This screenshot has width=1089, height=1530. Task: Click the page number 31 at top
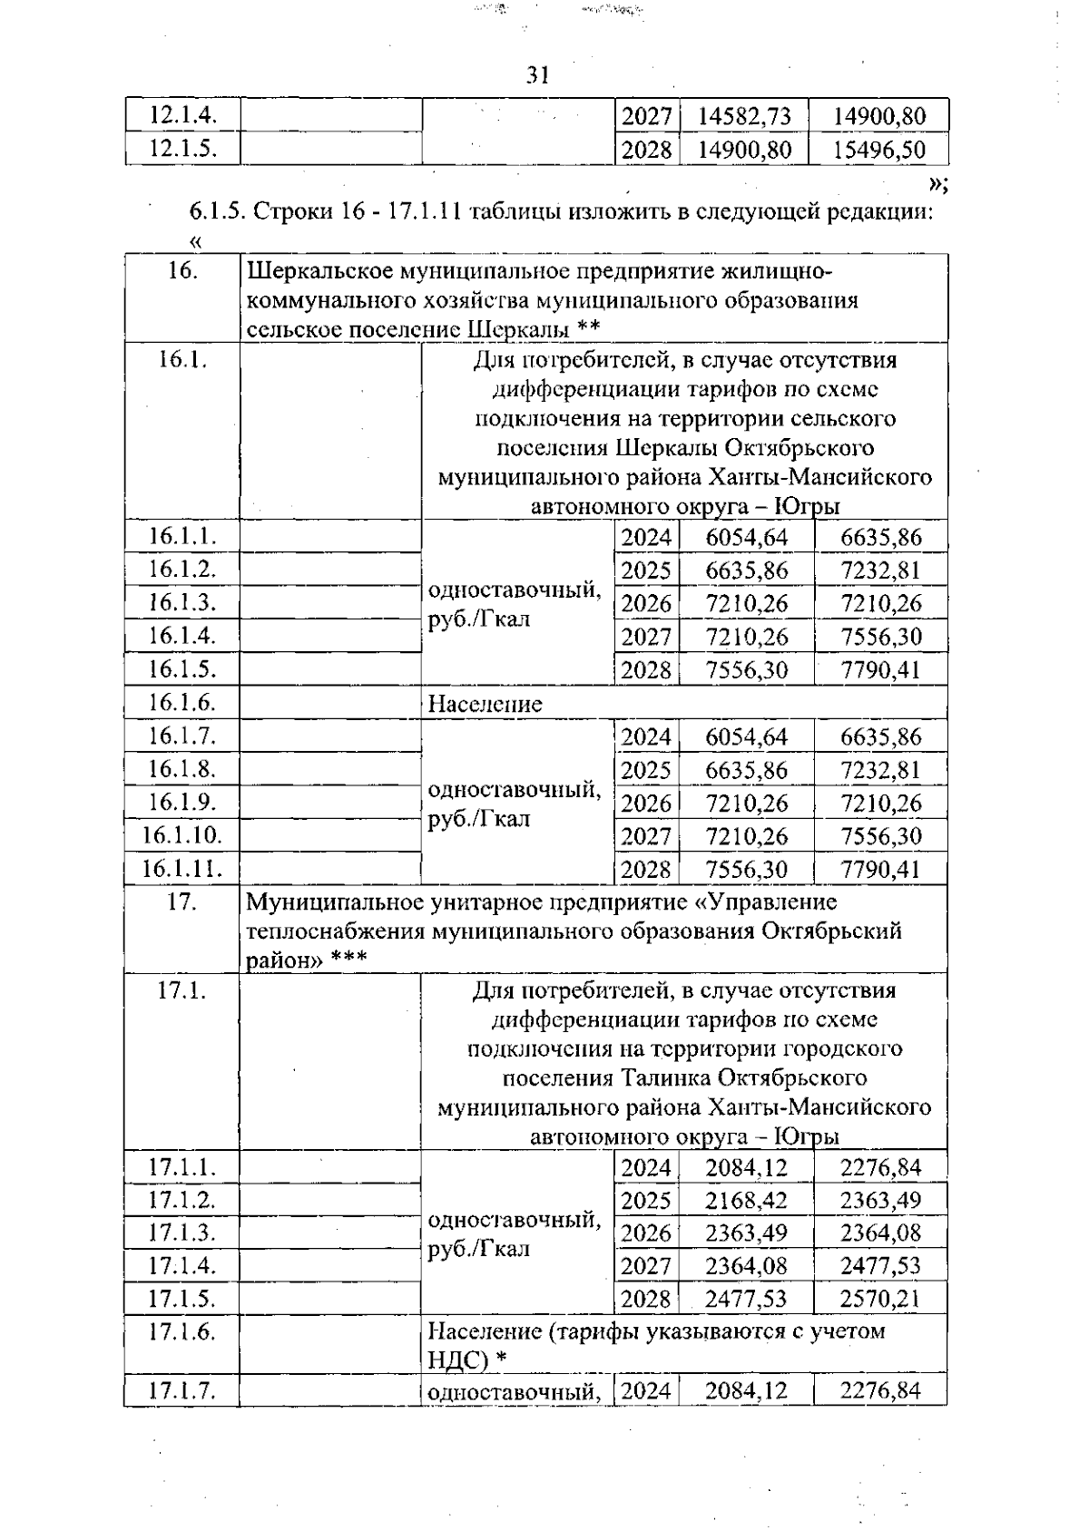[538, 75]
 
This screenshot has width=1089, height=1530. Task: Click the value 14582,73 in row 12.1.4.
[744, 116]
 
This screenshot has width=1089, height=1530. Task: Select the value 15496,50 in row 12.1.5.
[878, 150]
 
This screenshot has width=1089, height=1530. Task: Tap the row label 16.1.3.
[182, 602]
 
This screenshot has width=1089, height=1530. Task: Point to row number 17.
[182, 902]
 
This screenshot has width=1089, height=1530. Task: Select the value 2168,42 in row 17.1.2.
[746, 1200]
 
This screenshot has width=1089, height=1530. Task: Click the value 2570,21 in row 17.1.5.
[879, 1299]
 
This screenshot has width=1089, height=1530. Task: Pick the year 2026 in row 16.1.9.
[646, 804]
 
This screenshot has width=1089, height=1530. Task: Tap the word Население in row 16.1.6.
[485, 704]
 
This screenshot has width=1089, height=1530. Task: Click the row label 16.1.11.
[182, 869]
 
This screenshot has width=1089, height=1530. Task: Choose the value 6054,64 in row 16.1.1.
[746, 538]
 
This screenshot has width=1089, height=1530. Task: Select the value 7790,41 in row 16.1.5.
[880, 670]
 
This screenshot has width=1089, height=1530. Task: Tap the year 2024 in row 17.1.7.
[646, 1390]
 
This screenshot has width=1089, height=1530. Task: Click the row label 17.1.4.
[182, 1265]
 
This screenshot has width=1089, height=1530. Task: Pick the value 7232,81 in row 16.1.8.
[880, 771]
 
